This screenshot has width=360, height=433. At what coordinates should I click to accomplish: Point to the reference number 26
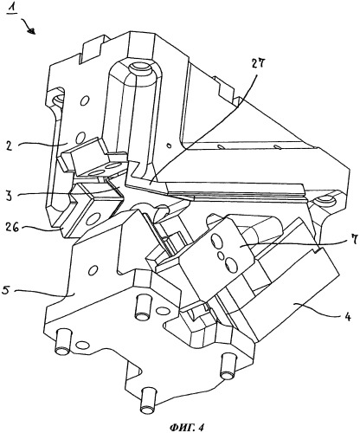11,227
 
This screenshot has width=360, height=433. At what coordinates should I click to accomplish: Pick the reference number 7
355,239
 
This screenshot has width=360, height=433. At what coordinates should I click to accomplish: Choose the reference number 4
348,317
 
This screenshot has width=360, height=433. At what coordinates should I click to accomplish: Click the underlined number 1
12,9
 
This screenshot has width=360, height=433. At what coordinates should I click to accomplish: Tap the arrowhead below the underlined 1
32,31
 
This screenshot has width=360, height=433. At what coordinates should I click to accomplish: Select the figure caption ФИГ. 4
187,427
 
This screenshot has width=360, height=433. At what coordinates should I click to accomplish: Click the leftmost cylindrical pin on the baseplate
63,342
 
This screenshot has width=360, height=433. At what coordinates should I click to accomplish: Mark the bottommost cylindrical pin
148,400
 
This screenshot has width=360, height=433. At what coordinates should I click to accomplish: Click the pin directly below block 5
143,307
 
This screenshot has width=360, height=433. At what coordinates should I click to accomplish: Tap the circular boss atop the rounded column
140,69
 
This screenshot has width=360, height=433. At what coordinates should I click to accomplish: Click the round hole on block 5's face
93,270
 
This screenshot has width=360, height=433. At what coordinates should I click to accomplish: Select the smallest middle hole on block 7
221,255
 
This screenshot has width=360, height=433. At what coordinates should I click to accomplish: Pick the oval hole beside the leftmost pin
82,345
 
